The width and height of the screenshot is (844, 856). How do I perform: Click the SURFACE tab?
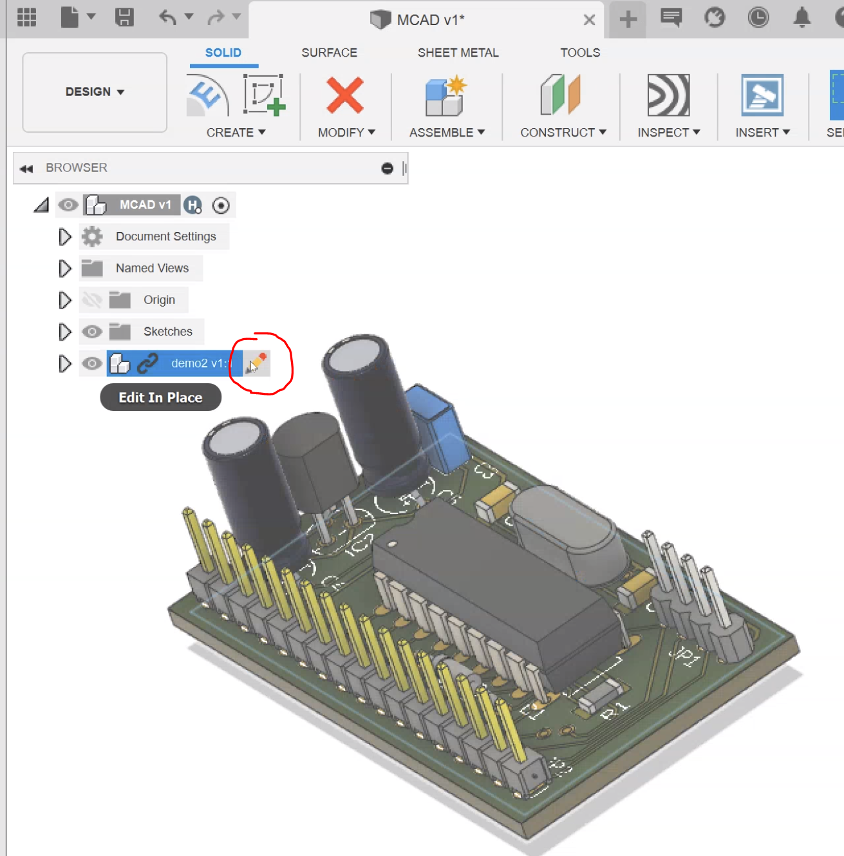pos(329,53)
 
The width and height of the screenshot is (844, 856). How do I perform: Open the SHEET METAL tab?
pos(458,53)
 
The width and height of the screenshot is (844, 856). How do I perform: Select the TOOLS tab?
pos(579,53)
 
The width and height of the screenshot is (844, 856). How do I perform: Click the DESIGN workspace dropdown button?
pos(95,92)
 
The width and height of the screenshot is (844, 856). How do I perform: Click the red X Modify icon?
pos(345,96)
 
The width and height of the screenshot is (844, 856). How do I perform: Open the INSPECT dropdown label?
pos(668,133)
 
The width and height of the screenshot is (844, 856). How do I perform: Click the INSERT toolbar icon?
pos(762,96)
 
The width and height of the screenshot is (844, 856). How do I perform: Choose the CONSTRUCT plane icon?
pos(561,96)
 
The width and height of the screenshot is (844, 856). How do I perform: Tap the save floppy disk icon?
pos(124,17)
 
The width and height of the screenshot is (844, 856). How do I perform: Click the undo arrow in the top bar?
pos(167,17)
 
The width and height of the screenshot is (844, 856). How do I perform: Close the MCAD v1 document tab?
pos(589,20)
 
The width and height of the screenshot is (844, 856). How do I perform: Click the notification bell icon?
pos(802,17)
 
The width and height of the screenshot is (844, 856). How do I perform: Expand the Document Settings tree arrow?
pos(64,237)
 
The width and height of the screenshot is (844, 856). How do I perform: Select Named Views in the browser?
pos(152,269)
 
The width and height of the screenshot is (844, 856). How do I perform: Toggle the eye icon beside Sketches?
pos(92,332)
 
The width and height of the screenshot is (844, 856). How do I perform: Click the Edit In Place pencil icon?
pos(257,363)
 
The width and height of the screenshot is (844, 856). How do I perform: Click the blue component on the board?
pos(438,425)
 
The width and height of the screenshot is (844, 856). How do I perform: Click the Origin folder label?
pos(159,300)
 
